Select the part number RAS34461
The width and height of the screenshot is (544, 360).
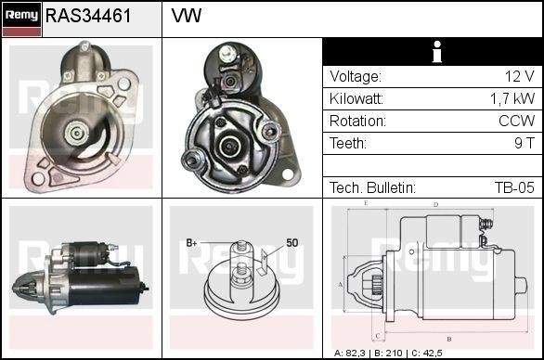coord(88,17)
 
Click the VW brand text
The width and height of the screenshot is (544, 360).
coord(187,17)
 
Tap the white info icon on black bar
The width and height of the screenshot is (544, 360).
coord(432,53)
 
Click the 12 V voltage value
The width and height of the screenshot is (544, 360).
coord(519,77)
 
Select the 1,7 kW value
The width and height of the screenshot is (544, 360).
coord(512,99)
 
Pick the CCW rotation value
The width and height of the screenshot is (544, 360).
coord(516,122)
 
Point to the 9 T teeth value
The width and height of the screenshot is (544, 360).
coord(525,144)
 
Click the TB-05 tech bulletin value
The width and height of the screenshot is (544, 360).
coord(513,187)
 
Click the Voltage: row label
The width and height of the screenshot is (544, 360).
coord(356,77)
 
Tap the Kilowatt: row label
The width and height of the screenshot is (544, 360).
coord(357,99)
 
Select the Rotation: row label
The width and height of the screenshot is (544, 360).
coord(357,122)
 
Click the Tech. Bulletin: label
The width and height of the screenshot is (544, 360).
coord(372,187)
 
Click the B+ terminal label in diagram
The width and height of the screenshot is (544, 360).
coord(192,243)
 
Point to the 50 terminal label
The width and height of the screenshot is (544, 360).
coord(292,243)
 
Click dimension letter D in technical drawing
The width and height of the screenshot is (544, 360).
coord(435,205)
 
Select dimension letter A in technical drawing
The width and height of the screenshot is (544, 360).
coord(341,284)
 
